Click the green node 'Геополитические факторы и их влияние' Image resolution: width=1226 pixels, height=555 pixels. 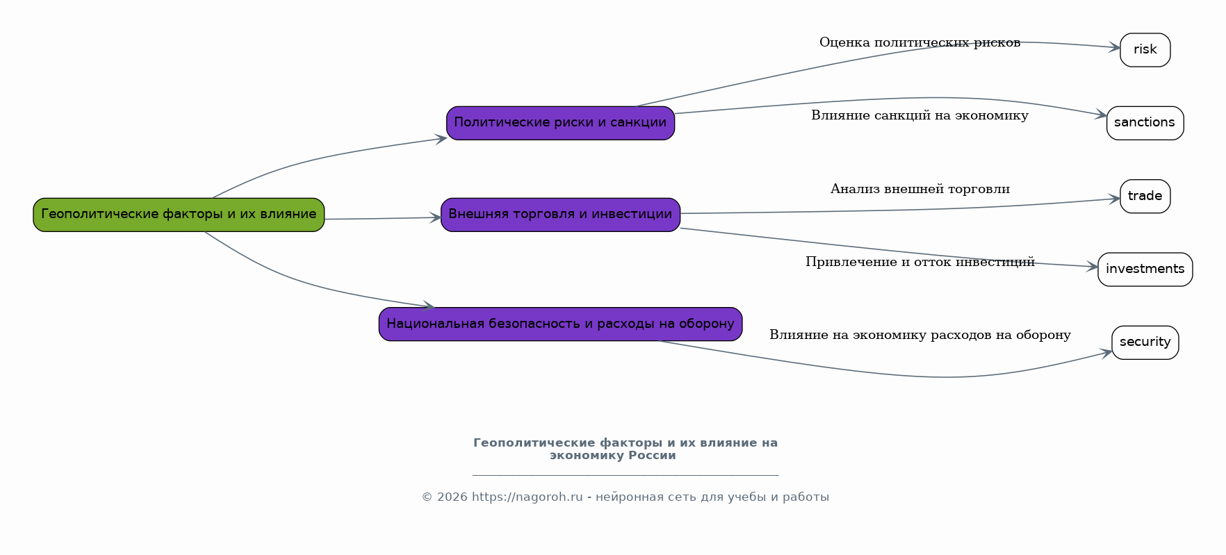point(179,215)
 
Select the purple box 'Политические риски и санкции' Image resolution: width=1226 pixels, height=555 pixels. point(560,123)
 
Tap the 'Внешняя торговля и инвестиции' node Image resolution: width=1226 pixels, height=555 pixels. point(560,215)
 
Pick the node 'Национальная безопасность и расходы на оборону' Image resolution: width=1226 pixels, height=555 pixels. point(560,324)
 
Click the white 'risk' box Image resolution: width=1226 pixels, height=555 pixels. point(1145,50)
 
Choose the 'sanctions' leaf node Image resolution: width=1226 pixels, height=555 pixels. point(1145,123)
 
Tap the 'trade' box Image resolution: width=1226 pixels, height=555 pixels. point(1145,197)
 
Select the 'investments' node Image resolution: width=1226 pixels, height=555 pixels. point(1145,270)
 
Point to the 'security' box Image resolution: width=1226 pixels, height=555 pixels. point(1145,342)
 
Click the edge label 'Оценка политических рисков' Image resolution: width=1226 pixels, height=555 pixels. point(919,42)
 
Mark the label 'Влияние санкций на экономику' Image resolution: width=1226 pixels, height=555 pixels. point(919,115)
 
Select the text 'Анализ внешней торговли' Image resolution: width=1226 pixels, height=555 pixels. point(919,189)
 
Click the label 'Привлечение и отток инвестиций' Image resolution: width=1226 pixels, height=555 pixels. point(919,262)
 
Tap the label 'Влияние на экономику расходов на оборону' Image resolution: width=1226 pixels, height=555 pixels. point(919,335)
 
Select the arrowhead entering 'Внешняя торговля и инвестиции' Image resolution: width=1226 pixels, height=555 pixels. point(435,217)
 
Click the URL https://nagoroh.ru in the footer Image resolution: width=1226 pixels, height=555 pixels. point(527,497)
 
